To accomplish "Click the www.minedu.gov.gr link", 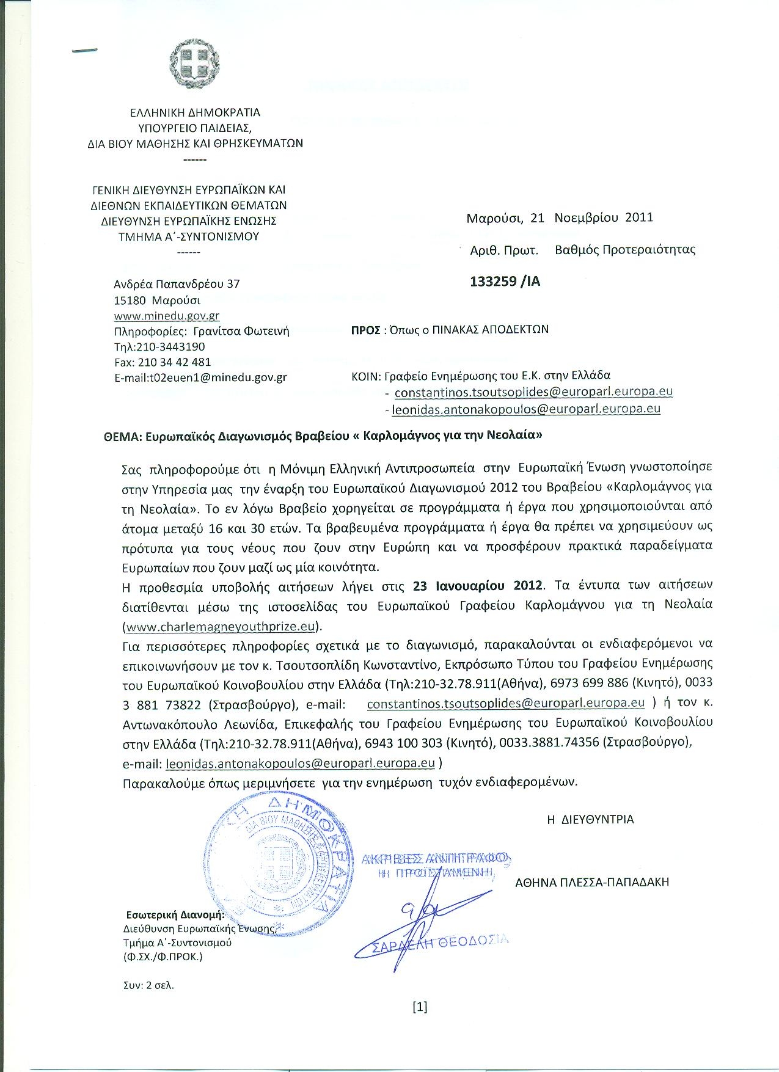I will tap(167, 316).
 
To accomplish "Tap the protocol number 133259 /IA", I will tap(505, 282).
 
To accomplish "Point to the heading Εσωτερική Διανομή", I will tap(175, 914).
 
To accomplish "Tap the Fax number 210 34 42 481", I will tap(163, 362).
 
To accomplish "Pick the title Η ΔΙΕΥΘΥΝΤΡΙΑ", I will tap(590, 820).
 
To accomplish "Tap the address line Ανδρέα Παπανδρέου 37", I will tap(177, 284).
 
